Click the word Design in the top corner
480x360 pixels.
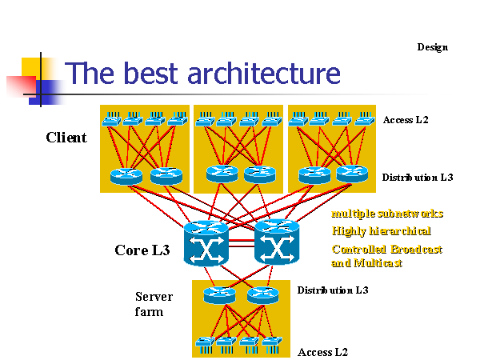click(432, 47)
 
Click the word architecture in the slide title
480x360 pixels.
click(263, 74)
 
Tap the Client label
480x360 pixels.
click(66, 138)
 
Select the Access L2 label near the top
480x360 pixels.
click(406, 120)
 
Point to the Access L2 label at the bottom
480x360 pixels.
click(322, 351)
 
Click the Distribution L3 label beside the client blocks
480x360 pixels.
click(417, 177)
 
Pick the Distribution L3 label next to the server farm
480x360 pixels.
click(333, 289)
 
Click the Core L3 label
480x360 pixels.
click(142, 250)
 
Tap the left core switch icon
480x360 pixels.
click(206, 243)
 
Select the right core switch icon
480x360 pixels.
click(276, 242)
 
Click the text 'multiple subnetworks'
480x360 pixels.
click(387, 214)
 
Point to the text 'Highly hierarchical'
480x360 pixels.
click(382, 231)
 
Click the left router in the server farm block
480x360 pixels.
click(218, 294)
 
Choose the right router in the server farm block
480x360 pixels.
click(262, 294)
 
